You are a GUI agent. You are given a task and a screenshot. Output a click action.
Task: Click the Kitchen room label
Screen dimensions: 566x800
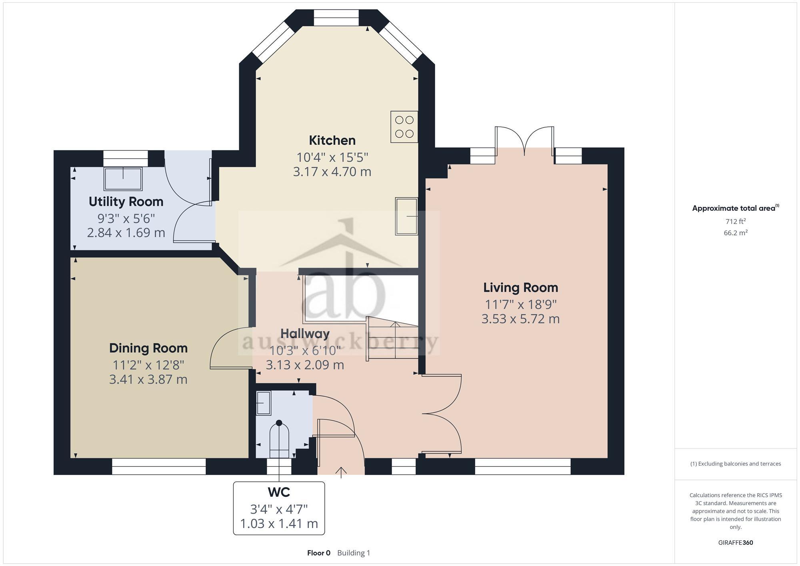click(332, 140)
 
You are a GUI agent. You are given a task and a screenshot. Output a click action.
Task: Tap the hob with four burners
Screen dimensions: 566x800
click(404, 127)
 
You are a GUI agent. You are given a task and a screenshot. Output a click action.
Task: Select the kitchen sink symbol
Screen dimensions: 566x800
click(406, 216)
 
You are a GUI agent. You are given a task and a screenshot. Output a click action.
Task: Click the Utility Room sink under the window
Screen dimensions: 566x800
click(123, 179)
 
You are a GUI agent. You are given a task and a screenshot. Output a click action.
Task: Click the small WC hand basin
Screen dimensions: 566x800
click(263, 403)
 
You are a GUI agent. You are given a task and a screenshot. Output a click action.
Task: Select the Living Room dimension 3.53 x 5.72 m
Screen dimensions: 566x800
click(520, 319)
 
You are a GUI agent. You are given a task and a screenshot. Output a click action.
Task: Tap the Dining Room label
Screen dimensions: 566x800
click(148, 348)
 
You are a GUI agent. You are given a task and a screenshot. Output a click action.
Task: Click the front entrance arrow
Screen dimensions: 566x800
click(341, 472)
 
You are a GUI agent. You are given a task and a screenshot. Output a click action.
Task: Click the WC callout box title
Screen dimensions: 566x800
click(279, 492)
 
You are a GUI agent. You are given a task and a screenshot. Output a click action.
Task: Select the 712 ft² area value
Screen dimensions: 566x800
click(736, 221)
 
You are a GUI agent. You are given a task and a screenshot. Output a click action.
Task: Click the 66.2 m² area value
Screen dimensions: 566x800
click(736, 233)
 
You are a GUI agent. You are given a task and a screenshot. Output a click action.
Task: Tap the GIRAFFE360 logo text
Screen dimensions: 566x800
click(736, 543)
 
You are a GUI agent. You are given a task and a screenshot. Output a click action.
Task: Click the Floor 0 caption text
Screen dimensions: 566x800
click(319, 553)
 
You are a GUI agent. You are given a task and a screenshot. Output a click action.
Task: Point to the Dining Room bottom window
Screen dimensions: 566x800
click(159, 466)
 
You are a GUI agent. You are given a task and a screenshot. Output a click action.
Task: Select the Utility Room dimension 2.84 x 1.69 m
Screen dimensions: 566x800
click(126, 232)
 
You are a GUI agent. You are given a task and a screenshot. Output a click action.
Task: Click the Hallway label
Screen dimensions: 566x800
click(305, 334)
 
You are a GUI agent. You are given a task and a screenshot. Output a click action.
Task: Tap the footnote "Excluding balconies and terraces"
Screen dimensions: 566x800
click(736, 464)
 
